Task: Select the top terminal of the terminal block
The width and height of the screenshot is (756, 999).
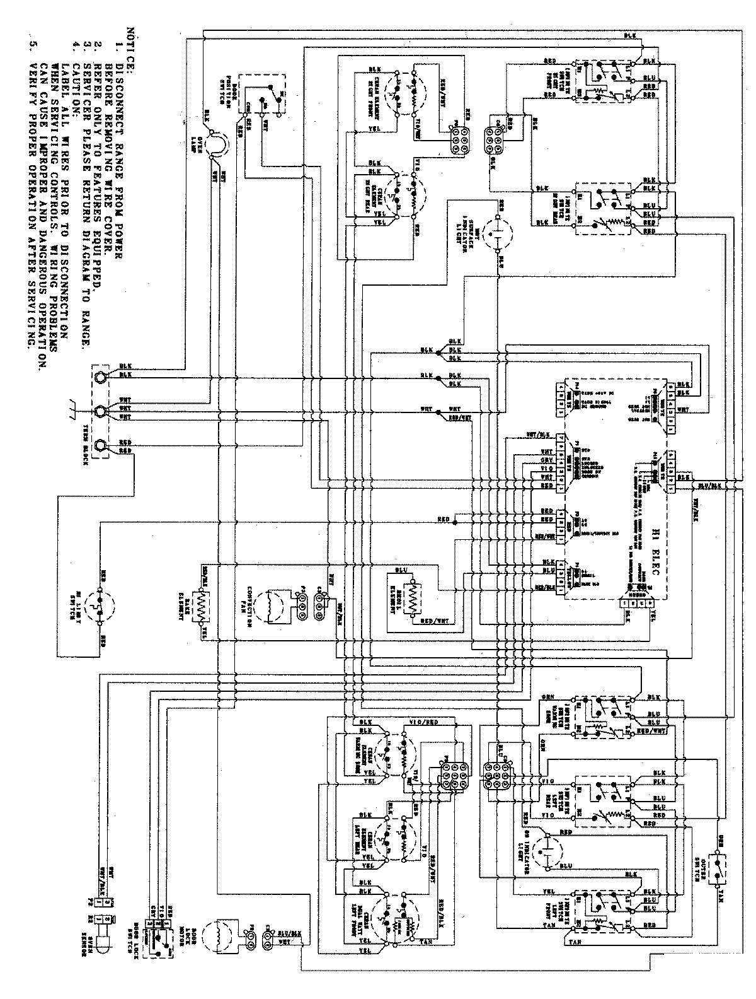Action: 99,377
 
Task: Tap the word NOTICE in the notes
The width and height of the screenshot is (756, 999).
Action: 130,47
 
